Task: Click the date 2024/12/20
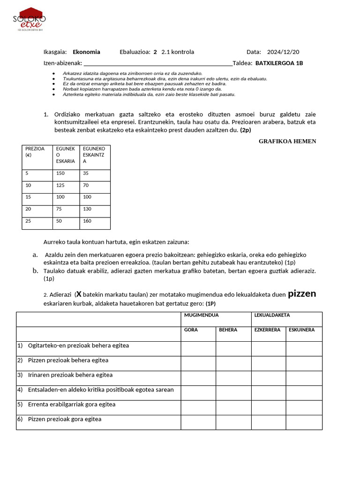[283, 52]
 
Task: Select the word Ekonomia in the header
[86, 52]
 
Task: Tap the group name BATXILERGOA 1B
[279, 63]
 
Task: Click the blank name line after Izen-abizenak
[157, 63]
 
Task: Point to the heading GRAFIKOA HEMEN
[287, 141]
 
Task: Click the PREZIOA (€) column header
[37, 152]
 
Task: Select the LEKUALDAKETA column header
[272, 315]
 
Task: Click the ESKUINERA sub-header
[302, 330]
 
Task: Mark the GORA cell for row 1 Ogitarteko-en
[198, 348]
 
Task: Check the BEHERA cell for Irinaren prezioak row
[233, 378]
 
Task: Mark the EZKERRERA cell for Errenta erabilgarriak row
[269, 407]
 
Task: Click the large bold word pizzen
[302, 294]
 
